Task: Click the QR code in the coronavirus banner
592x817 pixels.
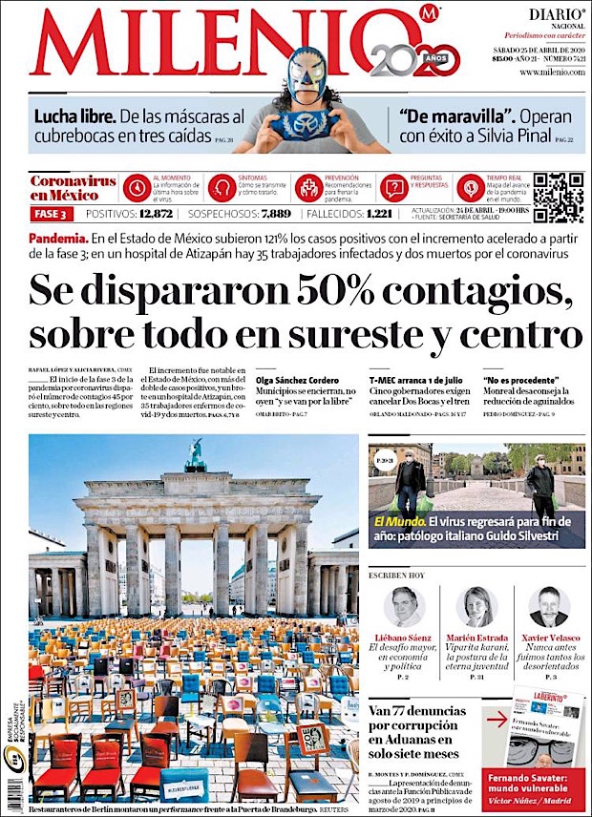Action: (x=557, y=198)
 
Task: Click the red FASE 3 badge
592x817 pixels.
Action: (x=52, y=214)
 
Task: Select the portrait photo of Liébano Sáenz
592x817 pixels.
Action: (x=404, y=607)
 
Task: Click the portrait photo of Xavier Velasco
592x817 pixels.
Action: (x=548, y=607)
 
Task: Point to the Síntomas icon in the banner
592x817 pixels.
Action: (x=222, y=187)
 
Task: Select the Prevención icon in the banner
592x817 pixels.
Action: (x=308, y=187)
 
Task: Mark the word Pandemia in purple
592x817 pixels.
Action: (x=58, y=237)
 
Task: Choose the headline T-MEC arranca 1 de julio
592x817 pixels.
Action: (x=416, y=380)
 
